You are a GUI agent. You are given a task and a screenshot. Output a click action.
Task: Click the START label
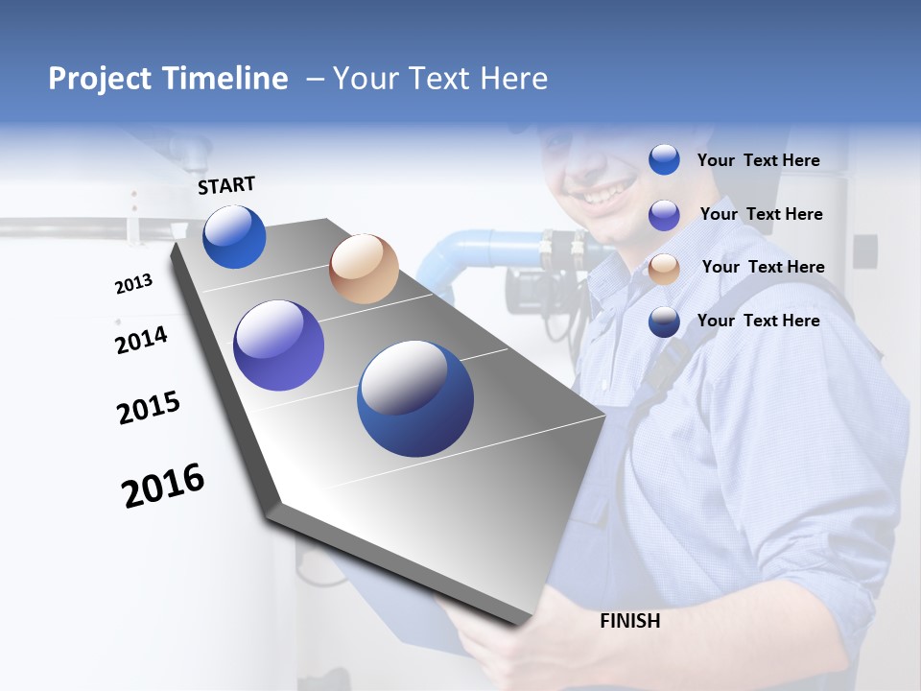(x=226, y=185)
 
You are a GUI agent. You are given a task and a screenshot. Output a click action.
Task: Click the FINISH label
(x=630, y=621)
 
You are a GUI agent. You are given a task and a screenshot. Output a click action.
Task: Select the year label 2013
(x=133, y=284)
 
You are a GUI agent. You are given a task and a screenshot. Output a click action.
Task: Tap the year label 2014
(x=141, y=340)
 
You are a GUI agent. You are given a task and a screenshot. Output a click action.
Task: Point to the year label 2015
(x=148, y=408)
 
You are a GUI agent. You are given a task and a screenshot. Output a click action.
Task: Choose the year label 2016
(x=163, y=485)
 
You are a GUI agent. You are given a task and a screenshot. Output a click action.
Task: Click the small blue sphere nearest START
(x=234, y=237)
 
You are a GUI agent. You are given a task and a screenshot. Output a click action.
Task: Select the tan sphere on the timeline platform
(x=364, y=269)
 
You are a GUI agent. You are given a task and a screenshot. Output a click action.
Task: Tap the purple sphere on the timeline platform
(x=279, y=345)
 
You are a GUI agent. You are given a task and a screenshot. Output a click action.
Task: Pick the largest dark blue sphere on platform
(x=415, y=398)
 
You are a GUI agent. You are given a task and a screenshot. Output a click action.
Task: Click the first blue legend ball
(x=664, y=159)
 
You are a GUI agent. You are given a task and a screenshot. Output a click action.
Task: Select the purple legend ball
(x=664, y=215)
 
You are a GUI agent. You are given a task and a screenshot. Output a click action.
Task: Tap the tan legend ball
(x=664, y=269)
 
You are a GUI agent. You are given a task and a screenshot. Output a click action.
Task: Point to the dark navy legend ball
(x=664, y=322)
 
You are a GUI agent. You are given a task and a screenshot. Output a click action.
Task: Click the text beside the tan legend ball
(x=763, y=267)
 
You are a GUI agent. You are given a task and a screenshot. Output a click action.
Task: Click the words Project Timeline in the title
(x=168, y=79)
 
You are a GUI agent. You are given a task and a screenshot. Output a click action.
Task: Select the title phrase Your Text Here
(x=440, y=79)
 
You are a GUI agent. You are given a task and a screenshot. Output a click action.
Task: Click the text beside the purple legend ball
(x=761, y=214)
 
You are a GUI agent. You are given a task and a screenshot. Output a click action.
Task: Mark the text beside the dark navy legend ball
(x=758, y=321)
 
